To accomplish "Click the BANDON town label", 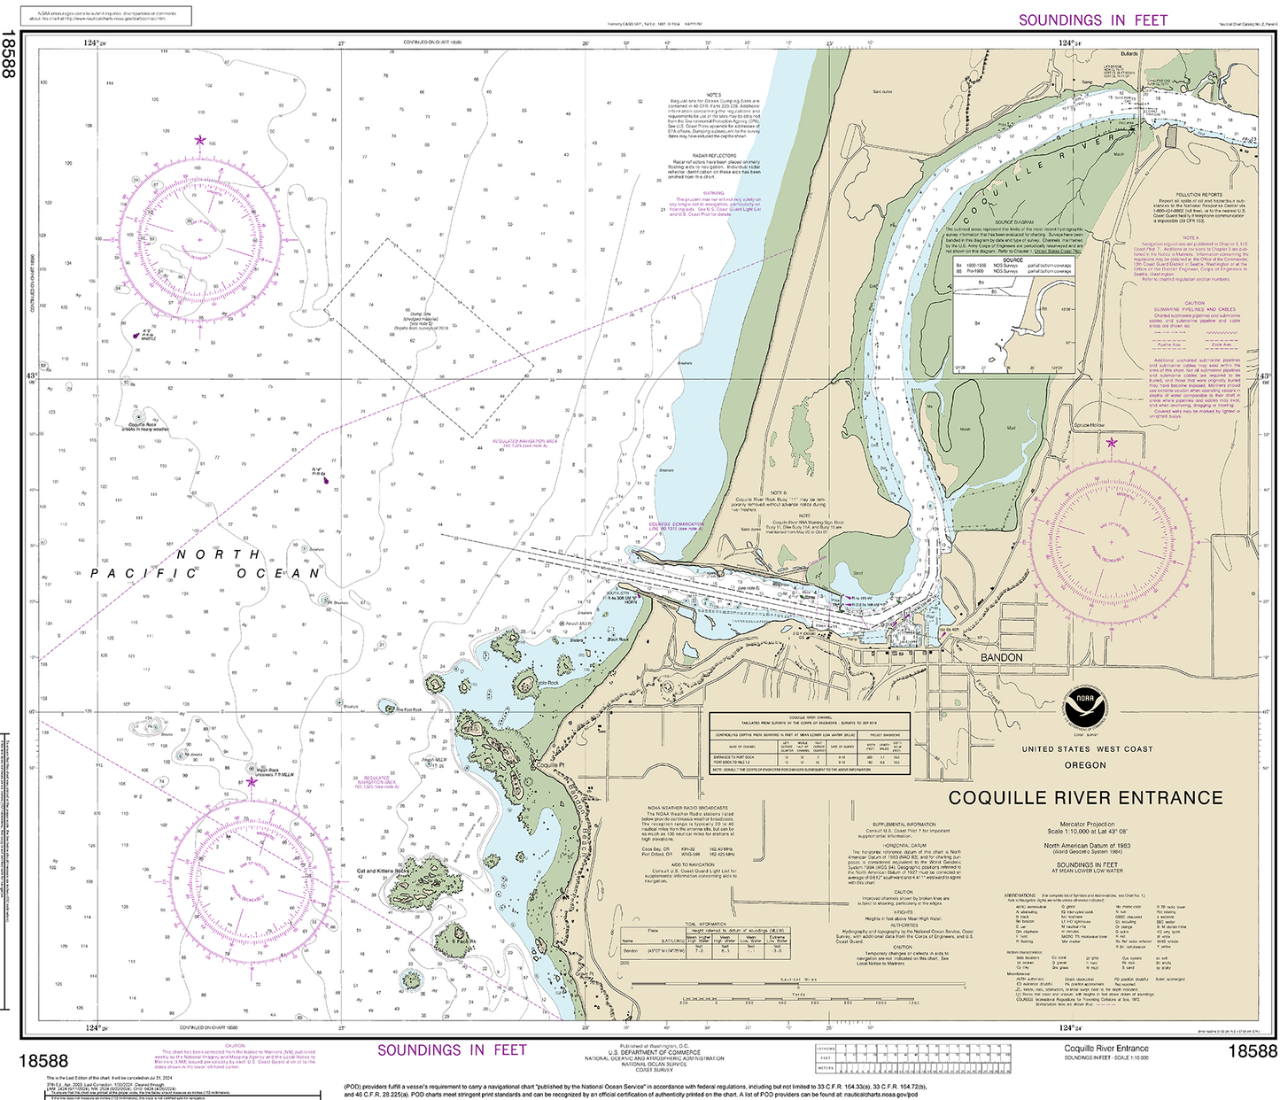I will tap(1001, 658).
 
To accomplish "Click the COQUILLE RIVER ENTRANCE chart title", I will tap(1085, 798).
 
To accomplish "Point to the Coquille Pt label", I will tap(550, 765).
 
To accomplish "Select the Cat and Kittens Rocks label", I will tap(383, 871).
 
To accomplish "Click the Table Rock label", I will tap(547, 683).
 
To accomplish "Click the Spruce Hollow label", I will tap(1089, 426).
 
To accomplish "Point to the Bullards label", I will tap(1129, 54).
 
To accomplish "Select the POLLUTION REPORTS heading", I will tap(1199, 195).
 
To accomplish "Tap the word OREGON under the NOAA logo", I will tap(1084, 765).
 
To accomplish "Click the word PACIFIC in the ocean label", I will tap(144, 574).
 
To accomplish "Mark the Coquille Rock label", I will tap(142, 425).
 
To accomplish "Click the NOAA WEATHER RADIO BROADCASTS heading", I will tap(687, 808).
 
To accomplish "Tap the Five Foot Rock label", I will tap(409, 709).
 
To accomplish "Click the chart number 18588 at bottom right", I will tap(1253, 1051).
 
